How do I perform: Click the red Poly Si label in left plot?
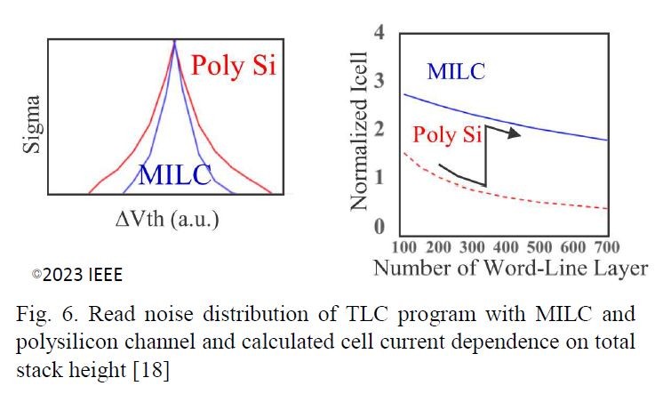click(234, 66)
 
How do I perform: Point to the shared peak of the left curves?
click(174, 40)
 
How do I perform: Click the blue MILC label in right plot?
click(456, 71)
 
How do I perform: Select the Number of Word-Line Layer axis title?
click(510, 268)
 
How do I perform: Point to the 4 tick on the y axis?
click(379, 33)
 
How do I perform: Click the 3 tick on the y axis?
click(379, 82)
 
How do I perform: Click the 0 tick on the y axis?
click(379, 227)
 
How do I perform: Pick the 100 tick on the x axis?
click(404, 245)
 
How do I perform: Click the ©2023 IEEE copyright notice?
click(76, 273)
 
